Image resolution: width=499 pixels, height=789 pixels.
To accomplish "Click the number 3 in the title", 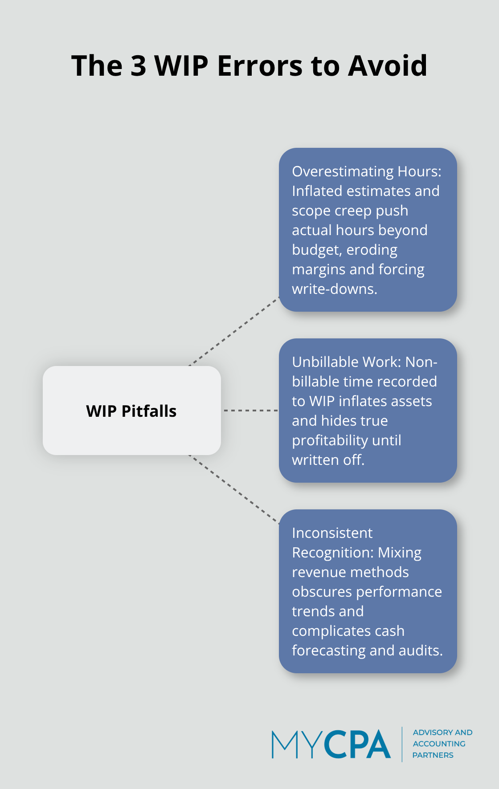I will (138, 66).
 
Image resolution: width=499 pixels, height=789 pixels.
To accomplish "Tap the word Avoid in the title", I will (388, 66).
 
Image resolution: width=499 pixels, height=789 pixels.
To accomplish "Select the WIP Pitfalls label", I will (131, 411).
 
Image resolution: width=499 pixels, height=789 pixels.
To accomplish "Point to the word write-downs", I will (334, 289).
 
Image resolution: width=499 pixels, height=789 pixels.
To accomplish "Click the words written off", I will (328, 460).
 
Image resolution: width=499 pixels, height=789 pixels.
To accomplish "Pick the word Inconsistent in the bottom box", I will (332, 533).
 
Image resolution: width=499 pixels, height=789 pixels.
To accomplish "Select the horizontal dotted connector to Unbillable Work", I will (250, 411).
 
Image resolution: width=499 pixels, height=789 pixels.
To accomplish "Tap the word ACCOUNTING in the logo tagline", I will (439, 744).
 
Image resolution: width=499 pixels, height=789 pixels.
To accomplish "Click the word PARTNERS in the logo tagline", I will (433, 755).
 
